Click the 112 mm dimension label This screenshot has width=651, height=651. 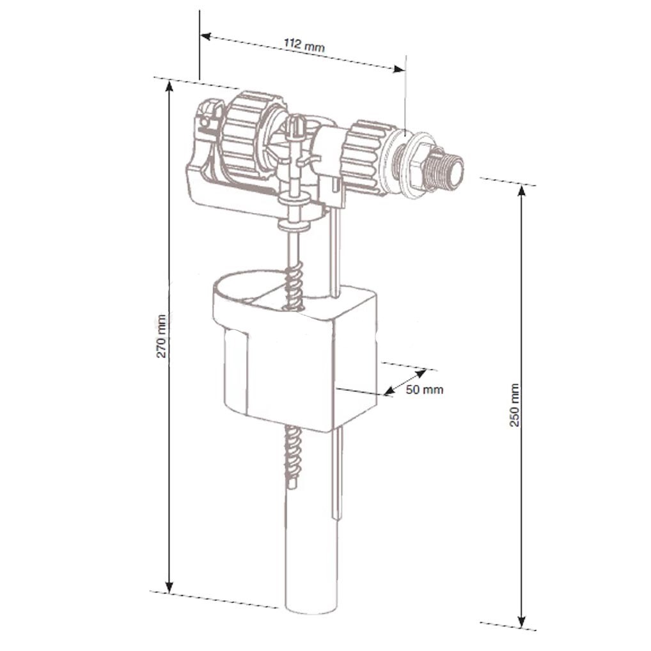point(304,44)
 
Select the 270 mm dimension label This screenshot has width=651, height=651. point(161,336)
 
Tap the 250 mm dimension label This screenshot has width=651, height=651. point(514,405)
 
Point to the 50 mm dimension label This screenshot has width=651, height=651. point(425,389)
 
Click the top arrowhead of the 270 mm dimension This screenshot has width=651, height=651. point(169,86)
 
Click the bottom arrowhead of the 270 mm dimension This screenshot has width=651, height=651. point(169,587)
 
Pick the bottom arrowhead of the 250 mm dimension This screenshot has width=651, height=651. point(522,620)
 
